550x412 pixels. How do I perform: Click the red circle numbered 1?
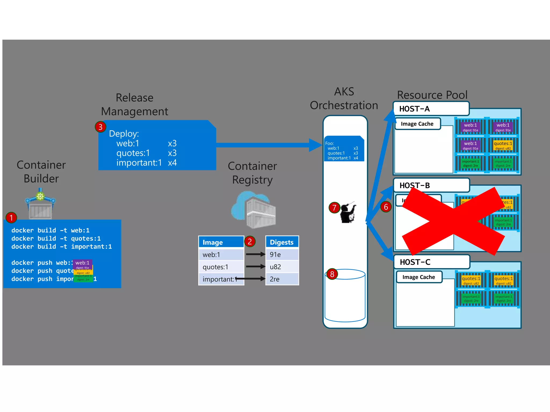coord(11,218)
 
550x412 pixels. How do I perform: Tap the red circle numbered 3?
coord(100,127)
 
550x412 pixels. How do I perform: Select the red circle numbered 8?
coord(332,274)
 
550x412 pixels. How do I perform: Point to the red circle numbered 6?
coord(386,207)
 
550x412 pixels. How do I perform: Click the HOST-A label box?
coord(431,109)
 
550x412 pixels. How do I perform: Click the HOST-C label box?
coord(432,262)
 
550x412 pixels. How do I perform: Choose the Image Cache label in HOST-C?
coord(419,277)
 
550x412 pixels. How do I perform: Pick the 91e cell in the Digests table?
coord(282,255)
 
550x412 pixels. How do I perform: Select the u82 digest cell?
coord(282,267)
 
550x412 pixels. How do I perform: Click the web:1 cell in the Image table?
coord(221,255)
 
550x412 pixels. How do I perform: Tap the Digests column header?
coord(282,242)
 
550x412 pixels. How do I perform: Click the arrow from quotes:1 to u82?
coord(255,267)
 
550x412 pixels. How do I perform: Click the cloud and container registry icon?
coord(254,209)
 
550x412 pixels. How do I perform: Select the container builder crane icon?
coord(40,204)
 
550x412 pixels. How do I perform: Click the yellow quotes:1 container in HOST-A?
coord(503,145)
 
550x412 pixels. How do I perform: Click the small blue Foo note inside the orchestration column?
coord(344,149)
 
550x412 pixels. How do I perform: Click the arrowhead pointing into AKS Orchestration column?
coord(316,145)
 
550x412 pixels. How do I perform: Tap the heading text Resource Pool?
coord(432,95)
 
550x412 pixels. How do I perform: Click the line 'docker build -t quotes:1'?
coord(56,238)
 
